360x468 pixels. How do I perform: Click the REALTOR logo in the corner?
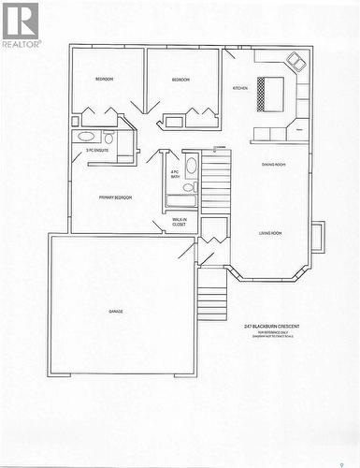tap(21, 24)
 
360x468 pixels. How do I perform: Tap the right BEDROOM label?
tap(180, 80)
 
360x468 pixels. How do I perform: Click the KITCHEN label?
tap(240, 88)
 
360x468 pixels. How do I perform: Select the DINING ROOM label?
tap(274, 165)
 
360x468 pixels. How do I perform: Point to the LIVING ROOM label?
tap(270, 232)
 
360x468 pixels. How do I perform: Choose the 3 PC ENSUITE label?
tap(96, 150)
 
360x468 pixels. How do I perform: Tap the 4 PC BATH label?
tap(175, 174)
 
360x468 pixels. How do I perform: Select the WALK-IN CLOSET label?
tap(179, 223)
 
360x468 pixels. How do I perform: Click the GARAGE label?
tap(116, 311)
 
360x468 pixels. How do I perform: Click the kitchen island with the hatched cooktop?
tap(270, 92)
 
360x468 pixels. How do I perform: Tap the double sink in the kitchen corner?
tap(296, 62)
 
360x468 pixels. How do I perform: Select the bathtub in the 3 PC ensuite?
tap(84, 137)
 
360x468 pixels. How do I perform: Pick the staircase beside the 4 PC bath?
tap(216, 183)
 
